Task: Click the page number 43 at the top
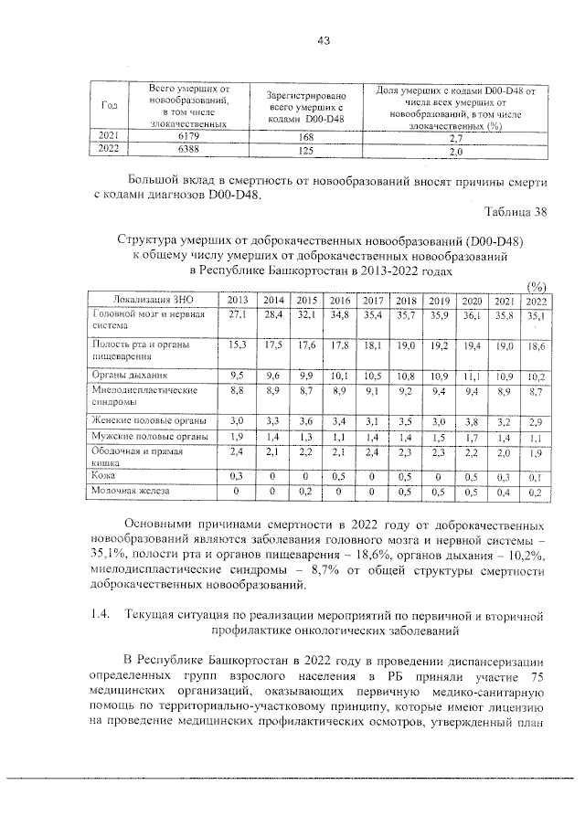[x=323, y=39]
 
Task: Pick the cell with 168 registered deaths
[x=305, y=136]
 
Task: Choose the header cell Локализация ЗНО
[x=152, y=300]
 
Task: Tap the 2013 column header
[x=239, y=300]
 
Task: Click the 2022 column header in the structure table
[x=536, y=300]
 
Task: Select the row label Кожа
[x=103, y=476]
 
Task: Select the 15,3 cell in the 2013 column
[x=239, y=344]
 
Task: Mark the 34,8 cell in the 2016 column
[x=339, y=314]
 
